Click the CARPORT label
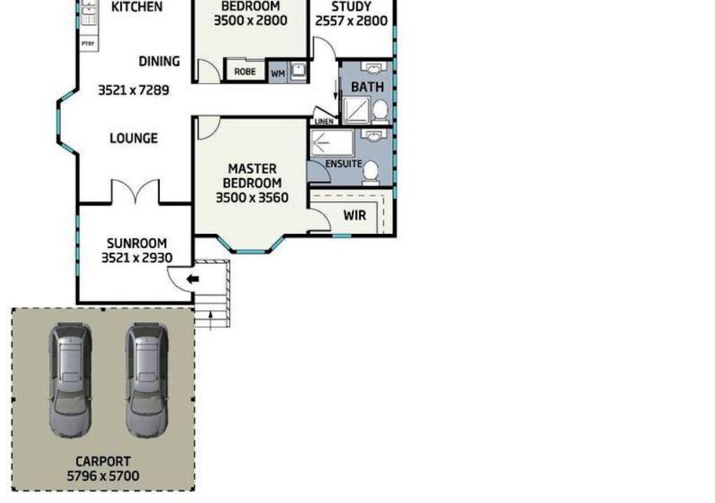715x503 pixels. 103,462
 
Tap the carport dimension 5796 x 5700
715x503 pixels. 103,476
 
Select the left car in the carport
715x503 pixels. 71,380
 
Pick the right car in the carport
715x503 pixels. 147,380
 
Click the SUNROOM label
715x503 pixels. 137,243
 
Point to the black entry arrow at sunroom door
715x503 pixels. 193,279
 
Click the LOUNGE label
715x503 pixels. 133,138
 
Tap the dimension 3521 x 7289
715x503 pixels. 133,90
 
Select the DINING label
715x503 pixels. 159,61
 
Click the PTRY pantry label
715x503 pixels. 88,44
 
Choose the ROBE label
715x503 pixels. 245,72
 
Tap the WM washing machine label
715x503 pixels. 278,73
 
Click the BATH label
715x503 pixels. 367,87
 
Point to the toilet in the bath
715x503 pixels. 381,110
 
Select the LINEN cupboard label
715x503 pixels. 324,122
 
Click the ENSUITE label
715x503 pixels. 344,163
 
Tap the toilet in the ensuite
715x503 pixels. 370,173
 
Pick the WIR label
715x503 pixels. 354,215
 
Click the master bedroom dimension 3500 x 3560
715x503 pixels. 251,198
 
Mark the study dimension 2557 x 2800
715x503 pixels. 351,21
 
